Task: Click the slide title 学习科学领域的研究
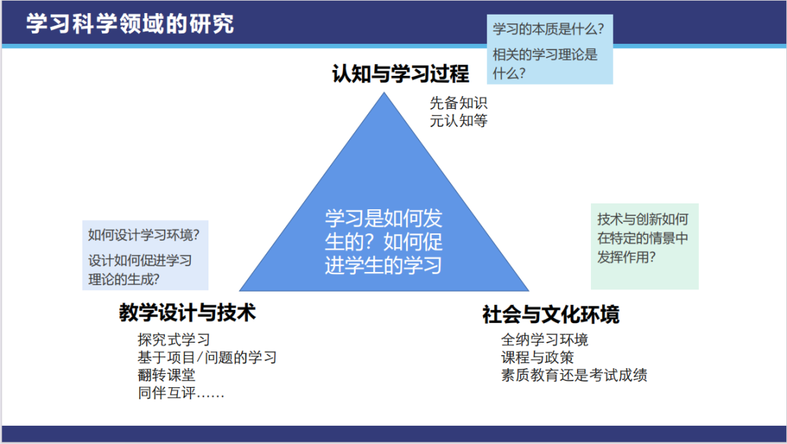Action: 130,23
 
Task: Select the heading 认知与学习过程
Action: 401,74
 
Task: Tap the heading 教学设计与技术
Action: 187,313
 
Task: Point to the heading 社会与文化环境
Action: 551,314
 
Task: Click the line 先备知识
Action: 458,103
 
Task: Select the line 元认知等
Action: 458,120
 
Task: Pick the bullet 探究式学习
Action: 173,340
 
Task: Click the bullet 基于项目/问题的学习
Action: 207,357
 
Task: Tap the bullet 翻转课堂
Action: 166,375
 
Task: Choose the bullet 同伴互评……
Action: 181,392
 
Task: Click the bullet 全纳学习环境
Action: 544,340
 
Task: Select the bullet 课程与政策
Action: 537,357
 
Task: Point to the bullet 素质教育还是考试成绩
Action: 573,375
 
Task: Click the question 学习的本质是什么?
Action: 548,28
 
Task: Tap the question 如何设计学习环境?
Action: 144,235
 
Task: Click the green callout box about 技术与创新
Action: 644,246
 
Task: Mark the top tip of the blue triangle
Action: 385,93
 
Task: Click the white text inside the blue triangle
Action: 383,241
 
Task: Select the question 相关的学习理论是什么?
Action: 545,63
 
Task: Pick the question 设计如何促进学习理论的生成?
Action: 139,270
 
